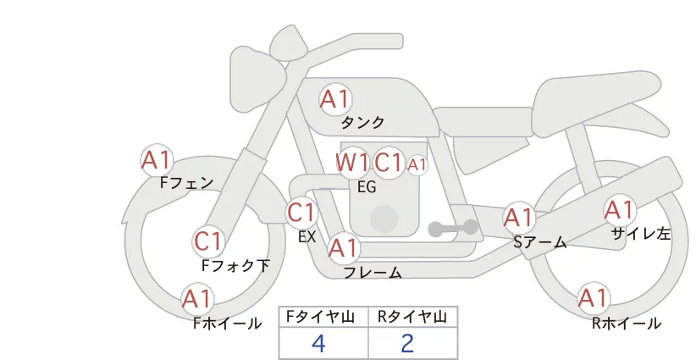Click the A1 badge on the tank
pyautogui.click(x=334, y=99)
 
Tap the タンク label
pyautogui.click(x=362, y=123)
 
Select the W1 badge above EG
pyautogui.click(x=352, y=162)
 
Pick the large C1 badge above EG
pyautogui.click(x=389, y=162)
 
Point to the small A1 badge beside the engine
pyautogui.click(x=417, y=164)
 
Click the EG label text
pyautogui.click(x=367, y=186)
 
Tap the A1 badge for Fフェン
pyautogui.click(x=157, y=159)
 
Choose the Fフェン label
pyautogui.click(x=186, y=182)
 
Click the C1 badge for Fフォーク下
pyautogui.click(x=208, y=241)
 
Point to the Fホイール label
pyautogui.click(x=227, y=323)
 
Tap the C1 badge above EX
pyautogui.click(x=301, y=212)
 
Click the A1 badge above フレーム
pyautogui.click(x=343, y=248)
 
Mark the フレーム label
pyautogui.click(x=373, y=273)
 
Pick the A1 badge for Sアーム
pyautogui.click(x=519, y=218)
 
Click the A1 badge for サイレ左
pyautogui.click(x=619, y=209)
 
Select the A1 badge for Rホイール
pyautogui.click(x=593, y=298)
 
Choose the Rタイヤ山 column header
pyautogui.click(x=412, y=318)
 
